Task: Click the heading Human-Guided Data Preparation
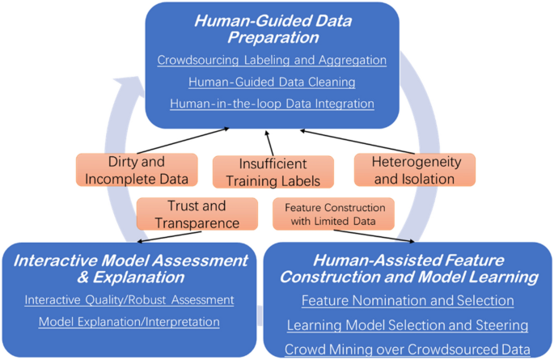pyautogui.click(x=271, y=29)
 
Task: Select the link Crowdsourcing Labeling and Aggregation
pyautogui.click(x=272, y=60)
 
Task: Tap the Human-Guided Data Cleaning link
pyautogui.click(x=272, y=82)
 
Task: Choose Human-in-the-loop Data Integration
pyautogui.click(x=272, y=104)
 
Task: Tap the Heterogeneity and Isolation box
pyautogui.click(x=412, y=170)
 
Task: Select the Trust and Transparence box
pyautogui.click(x=192, y=214)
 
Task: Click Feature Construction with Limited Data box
pyautogui.click(x=334, y=214)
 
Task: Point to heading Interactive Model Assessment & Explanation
pyautogui.click(x=129, y=269)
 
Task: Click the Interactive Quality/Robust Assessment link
pyautogui.click(x=129, y=300)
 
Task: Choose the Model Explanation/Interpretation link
pyautogui.click(x=129, y=322)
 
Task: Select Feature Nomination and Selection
pyautogui.click(x=408, y=301)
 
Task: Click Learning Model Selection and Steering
pyautogui.click(x=408, y=325)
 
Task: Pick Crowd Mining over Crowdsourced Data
pyautogui.click(x=408, y=349)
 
